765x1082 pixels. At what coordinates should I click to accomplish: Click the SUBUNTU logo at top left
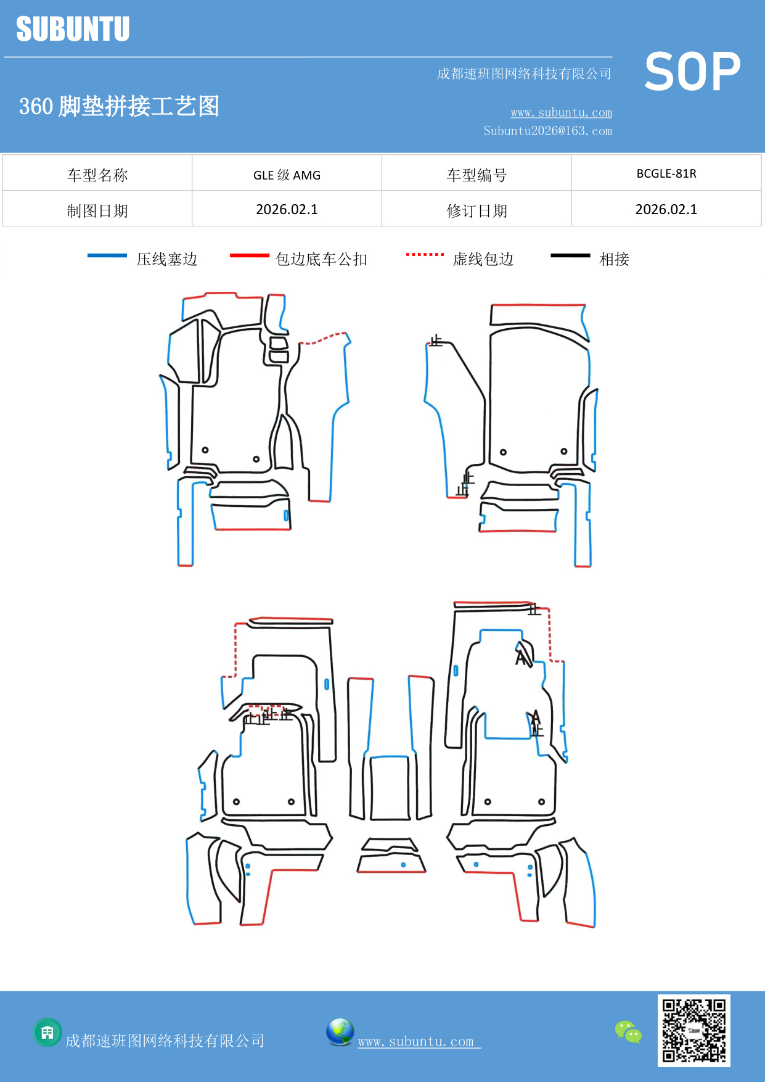click(x=73, y=29)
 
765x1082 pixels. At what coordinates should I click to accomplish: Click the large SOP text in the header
click(x=692, y=72)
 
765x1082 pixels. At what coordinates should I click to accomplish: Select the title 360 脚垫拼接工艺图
click(x=119, y=106)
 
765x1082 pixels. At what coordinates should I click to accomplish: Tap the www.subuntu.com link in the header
click(x=561, y=112)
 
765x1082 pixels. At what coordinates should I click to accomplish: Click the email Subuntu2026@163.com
click(x=547, y=131)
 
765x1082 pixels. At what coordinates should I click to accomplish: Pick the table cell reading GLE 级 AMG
click(x=287, y=175)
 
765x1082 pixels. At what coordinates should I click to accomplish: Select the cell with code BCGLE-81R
click(x=666, y=173)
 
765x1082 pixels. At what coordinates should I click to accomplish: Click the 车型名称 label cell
click(x=97, y=175)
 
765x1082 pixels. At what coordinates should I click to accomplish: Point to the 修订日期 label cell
click(x=477, y=210)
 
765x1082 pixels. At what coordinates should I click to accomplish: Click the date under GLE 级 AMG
click(x=287, y=210)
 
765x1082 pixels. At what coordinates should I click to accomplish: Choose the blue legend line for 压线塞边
click(x=107, y=255)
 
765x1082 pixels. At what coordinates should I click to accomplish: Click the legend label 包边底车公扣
click(x=321, y=259)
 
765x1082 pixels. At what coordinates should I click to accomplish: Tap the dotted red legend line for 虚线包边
click(x=425, y=254)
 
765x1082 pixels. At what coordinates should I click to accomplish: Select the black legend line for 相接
click(x=570, y=255)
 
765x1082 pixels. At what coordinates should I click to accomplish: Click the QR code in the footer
click(x=693, y=1030)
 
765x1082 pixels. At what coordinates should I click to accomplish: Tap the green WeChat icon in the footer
click(x=628, y=1032)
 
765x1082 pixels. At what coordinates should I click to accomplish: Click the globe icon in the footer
click(x=340, y=1032)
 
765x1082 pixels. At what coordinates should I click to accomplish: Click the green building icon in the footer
click(x=47, y=1032)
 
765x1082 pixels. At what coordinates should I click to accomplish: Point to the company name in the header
click(x=524, y=74)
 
